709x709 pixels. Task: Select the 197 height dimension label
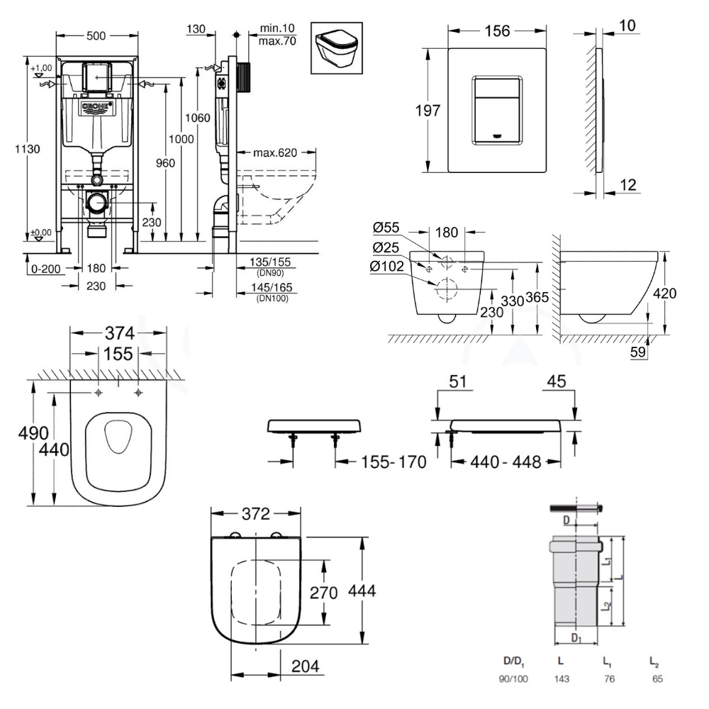click(427, 111)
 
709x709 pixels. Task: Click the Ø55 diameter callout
click(386, 228)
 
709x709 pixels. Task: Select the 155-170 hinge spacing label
click(392, 462)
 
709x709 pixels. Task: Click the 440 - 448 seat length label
click(506, 462)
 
